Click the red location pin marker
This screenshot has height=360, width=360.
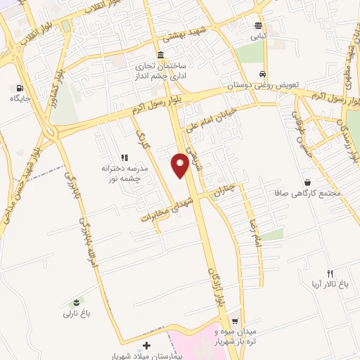(x=180, y=164)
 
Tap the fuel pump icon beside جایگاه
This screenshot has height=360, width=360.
(x=18, y=89)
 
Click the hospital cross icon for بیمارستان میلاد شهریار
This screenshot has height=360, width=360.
(x=146, y=345)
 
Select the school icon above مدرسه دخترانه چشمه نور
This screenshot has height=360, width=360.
(x=124, y=158)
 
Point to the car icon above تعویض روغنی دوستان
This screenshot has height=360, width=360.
(x=262, y=74)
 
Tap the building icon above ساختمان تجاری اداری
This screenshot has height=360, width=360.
(x=161, y=56)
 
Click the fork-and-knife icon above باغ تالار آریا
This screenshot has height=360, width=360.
(x=330, y=273)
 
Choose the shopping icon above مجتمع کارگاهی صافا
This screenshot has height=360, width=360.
(x=307, y=182)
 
